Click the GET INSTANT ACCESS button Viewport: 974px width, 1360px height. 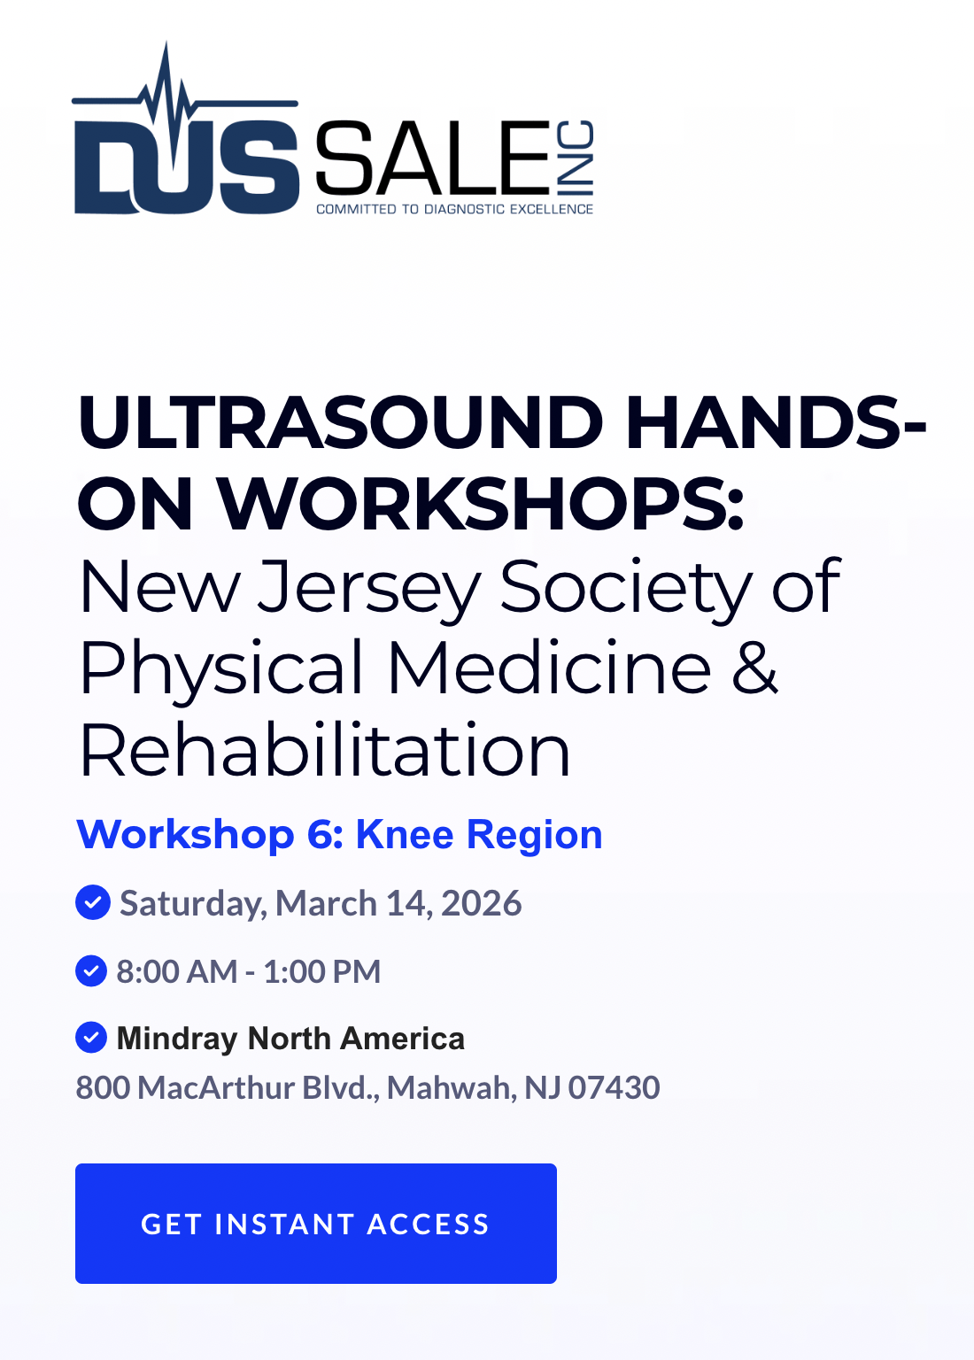coord(316,1224)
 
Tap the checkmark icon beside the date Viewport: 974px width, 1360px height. coord(93,902)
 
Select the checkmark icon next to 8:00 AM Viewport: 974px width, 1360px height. coord(91,970)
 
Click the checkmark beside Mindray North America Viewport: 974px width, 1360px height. coord(91,1037)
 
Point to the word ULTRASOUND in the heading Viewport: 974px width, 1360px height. coord(340,422)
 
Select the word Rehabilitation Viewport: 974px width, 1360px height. coord(325,751)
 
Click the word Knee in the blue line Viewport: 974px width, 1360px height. coord(405,834)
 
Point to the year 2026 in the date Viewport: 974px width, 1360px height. coord(481,903)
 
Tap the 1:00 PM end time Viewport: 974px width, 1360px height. coord(321,971)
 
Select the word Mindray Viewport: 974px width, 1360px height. coord(177,1039)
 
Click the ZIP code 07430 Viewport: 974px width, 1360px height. coord(614,1087)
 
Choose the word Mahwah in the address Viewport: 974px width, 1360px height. coord(452,1088)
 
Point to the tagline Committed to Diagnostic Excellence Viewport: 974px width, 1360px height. coord(455,210)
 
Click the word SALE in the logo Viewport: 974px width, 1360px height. coord(432,158)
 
